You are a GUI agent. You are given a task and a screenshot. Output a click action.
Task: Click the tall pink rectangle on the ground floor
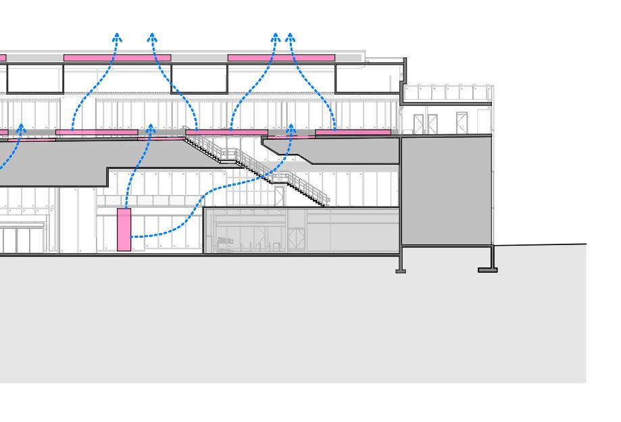pos(124,230)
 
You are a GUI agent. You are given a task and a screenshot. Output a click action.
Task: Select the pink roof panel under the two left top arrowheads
pos(117,58)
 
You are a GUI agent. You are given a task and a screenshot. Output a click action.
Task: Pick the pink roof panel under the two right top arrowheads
pos(281,58)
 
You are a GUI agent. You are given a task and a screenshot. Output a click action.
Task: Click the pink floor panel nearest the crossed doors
pos(353,132)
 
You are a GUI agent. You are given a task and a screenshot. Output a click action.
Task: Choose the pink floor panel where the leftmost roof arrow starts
pos(97,132)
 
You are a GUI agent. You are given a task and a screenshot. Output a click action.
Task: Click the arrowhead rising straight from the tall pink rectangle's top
pos(151,128)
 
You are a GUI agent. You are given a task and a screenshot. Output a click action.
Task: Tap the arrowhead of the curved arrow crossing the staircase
pos(291,128)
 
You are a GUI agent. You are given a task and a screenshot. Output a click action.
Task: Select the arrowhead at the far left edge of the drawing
pos(21,128)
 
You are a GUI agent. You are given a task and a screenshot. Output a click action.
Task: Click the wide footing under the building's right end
pos(488,270)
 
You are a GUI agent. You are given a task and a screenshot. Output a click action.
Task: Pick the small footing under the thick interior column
pos(401,271)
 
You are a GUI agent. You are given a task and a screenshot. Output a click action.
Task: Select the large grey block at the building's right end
pos(446,190)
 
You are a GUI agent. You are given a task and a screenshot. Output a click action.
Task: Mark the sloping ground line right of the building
pos(541,245)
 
